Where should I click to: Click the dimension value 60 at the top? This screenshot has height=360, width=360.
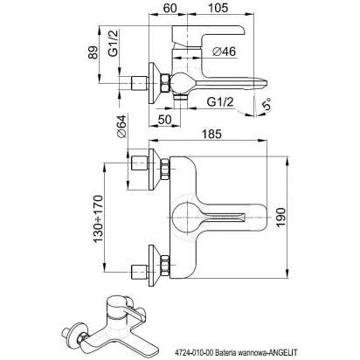(170, 8)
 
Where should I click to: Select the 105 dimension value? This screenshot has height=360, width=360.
(218, 8)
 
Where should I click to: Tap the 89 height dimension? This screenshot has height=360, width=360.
(93, 52)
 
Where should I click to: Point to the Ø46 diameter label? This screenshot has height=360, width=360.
(224, 52)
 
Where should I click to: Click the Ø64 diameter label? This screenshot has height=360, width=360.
(121, 126)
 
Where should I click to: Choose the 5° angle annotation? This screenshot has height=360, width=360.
(267, 104)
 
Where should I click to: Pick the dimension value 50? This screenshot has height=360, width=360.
(164, 120)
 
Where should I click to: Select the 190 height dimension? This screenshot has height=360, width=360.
(280, 218)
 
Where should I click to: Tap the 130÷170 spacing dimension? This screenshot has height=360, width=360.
(98, 218)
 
